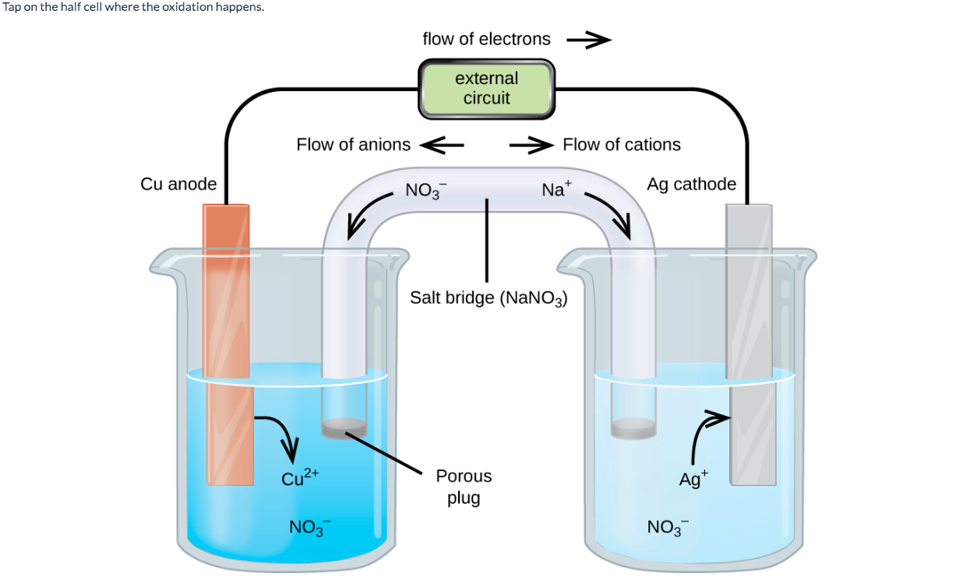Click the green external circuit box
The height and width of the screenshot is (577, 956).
tap(487, 89)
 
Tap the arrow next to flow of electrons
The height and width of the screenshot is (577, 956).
tap(588, 40)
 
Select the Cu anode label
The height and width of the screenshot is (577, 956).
tap(178, 184)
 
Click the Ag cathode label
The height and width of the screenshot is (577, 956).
tap(691, 184)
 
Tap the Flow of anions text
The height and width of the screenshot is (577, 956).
tap(353, 145)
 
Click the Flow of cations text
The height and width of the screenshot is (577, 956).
tap(621, 145)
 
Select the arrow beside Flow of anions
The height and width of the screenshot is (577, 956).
tap(443, 145)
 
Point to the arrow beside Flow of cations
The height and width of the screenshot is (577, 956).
tap(531, 145)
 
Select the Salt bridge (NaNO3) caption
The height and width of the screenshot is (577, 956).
tap(488, 297)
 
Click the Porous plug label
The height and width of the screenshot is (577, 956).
tap(464, 486)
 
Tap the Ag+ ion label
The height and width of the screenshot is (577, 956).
tap(693, 478)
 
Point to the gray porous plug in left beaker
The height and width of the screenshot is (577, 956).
tap(344, 427)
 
